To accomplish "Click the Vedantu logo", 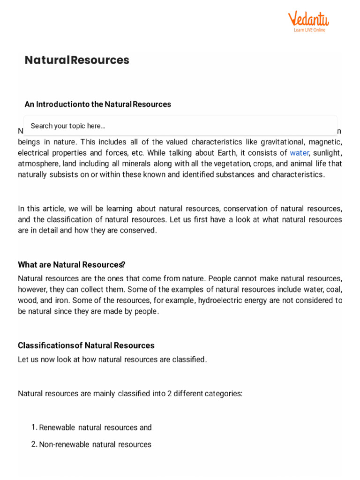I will (x=308, y=19).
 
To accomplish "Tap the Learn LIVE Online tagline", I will (x=309, y=30).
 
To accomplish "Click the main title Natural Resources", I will (x=77, y=60).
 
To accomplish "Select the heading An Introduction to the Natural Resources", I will (x=97, y=104).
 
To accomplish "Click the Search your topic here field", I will (x=180, y=126).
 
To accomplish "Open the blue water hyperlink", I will (x=299, y=153).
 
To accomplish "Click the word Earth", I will (x=226, y=153).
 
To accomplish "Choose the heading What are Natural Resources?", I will (x=71, y=264).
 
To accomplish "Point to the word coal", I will (x=335, y=289).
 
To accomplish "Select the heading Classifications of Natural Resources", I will (x=86, y=345).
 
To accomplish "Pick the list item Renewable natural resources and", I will (x=95, y=427).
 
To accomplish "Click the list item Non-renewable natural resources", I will (x=95, y=444).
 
